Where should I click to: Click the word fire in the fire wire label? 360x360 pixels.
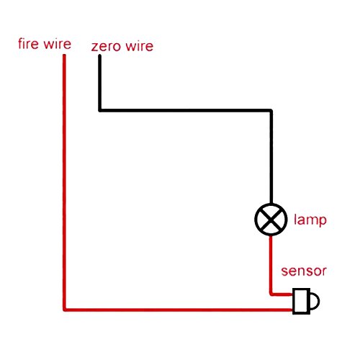click(28, 44)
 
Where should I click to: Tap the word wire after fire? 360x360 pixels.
click(58, 44)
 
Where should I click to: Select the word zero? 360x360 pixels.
click(106, 47)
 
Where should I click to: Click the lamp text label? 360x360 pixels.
click(310, 220)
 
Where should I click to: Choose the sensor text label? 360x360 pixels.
click(304, 271)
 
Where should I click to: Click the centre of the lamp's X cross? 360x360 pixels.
click(271, 220)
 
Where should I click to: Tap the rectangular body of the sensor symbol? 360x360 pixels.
click(301, 301)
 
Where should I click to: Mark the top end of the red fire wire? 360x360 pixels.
click(64, 55)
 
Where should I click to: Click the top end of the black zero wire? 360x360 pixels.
click(99, 55)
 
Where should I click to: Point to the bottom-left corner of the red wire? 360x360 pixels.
click(65, 310)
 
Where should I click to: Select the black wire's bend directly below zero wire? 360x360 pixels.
click(100, 110)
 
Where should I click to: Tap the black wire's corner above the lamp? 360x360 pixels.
click(271, 110)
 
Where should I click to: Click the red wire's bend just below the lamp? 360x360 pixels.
click(271, 294)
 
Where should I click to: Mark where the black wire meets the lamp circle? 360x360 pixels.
click(271, 204)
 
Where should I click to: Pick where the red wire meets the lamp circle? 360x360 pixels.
click(271, 235)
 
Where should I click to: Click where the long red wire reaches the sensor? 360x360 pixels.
click(292, 310)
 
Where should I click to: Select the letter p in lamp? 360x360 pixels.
click(323, 221)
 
